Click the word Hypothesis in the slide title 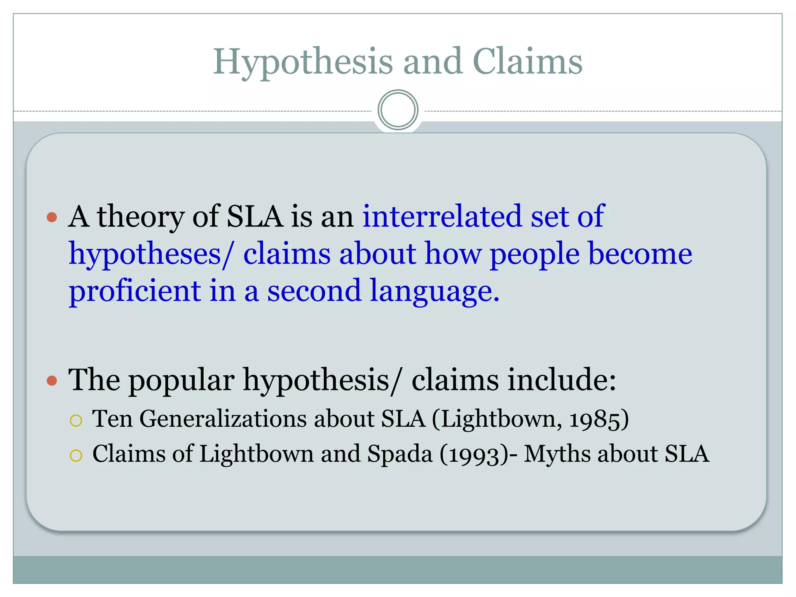(x=303, y=62)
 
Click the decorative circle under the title (x=398, y=110)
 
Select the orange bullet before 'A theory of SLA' (x=52, y=217)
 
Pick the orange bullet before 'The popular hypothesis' (x=52, y=381)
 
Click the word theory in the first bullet (x=140, y=217)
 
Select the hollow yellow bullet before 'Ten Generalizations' (x=76, y=421)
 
